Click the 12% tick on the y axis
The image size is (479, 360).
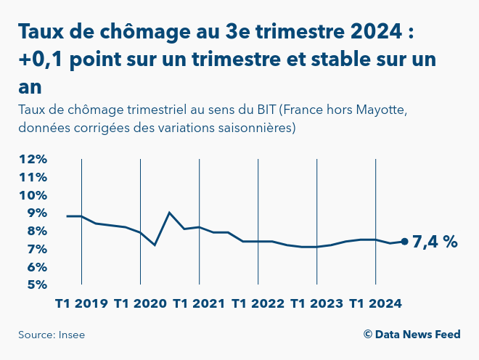click(x=33, y=159)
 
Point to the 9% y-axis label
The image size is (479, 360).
click(x=36, y=213)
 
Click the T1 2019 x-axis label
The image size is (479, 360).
click(x=81, y=303)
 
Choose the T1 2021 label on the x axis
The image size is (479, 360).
click(x=199, y=303)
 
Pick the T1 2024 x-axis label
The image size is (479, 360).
click(x=375, y=303)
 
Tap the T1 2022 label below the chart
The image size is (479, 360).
click(x=258, y=303)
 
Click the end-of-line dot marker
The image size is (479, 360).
click(x=404, y=242)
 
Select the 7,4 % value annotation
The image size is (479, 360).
click(x=435, y=242)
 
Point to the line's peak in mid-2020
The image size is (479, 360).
click(x=169, y=213)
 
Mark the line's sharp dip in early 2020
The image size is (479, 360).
click(x=155, y=245)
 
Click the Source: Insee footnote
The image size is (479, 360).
click(x=46, y=335)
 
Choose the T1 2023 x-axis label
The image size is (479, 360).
click(x=316, y=303)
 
